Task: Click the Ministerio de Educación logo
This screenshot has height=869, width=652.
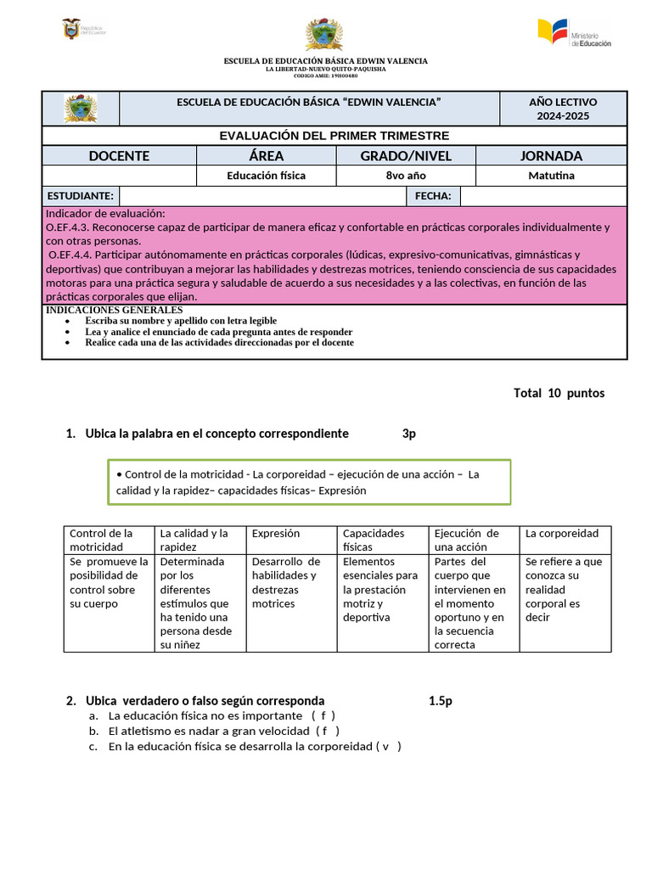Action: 574,33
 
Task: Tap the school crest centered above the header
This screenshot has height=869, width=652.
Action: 324,35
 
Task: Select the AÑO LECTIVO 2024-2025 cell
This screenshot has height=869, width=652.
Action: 563,109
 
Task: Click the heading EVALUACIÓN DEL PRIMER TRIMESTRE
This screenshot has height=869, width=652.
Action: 334,136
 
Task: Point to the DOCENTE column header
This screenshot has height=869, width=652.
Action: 119,156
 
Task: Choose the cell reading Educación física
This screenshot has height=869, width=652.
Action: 266,176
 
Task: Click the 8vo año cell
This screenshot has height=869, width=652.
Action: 405,176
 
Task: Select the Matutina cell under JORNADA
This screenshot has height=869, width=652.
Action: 551,176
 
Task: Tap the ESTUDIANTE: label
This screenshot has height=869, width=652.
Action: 81,197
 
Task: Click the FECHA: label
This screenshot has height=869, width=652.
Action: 433,197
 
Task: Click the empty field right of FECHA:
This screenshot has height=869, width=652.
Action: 543,197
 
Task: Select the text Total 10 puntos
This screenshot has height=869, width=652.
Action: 559,393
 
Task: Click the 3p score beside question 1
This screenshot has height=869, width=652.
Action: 409,434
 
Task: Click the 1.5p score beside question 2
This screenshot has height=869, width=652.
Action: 441,701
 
